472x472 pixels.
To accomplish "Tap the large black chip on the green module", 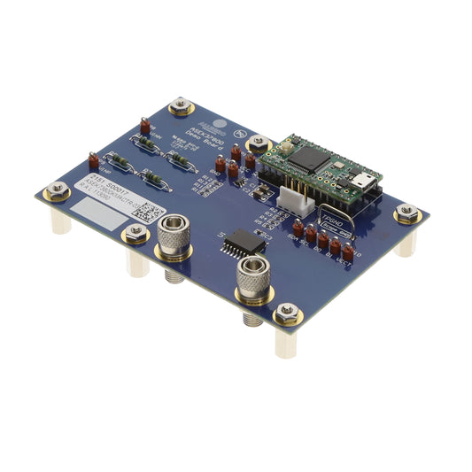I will coord(311,158).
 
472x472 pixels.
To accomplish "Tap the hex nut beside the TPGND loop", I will coord(407,212).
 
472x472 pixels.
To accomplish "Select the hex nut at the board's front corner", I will coord(286,313).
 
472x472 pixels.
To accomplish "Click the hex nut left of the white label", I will coord(57,190).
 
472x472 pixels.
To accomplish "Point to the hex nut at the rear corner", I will coord(181,105).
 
